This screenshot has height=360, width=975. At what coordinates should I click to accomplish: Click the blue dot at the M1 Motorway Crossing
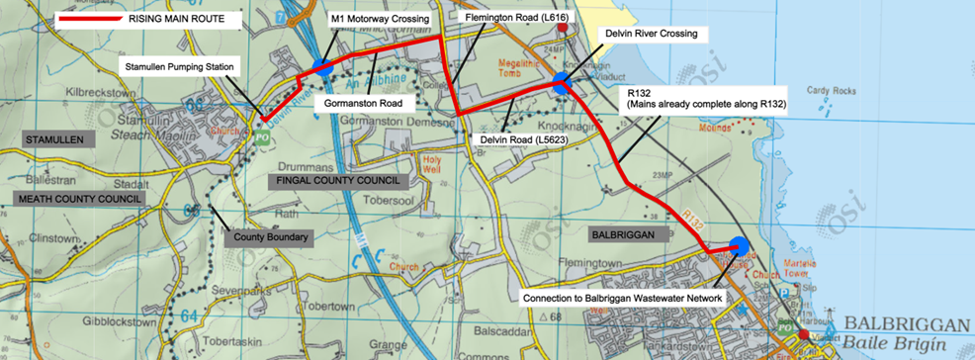coord(322,67)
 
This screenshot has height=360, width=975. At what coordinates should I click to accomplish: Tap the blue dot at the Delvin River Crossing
coord(561,85)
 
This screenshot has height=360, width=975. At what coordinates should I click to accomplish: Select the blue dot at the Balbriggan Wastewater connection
coord(738,247)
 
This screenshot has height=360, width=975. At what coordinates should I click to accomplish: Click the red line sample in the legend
coord(92,20)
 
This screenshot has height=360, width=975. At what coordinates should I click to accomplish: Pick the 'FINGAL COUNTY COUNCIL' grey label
coord(336,182)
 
